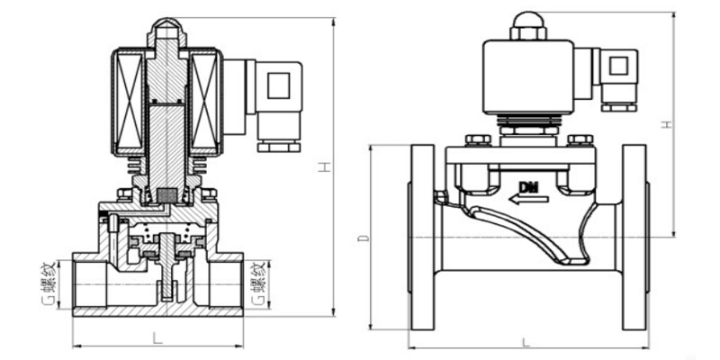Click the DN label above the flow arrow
pyautogui.click(x=529, y=187)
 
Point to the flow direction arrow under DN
pyautogui.click(x=528, y=199)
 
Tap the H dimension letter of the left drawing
pyautogui.click(x=325, y=167)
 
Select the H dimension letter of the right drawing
pyautogui.click(x=667, y=124)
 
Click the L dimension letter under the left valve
pyautogui.click(x=157, y=339)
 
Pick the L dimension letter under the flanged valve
pyautogui.click(x=526, y=342)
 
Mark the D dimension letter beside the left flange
pyautogui.click(x=364, y=238)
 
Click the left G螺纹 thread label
pyautogui.click(x=48, y=283)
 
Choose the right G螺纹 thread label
pyautogui.click(x=259, y=283)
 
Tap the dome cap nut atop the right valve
pyautogui.click(x=528, y=26)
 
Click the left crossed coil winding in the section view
pyautogui.click(x=128, y=101)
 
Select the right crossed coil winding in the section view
pyautogui.click(x=204, y=101)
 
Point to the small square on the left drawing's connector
pyautogui.click(x=279, y=85)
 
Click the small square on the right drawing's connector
pyautogui.click(x=618, y=66)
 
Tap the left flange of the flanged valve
pyautogui.click(x=422, y=238)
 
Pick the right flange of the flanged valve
pyautogui.click(x=634, y=238)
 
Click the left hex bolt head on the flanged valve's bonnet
pyautogui.click(x=478, y=139)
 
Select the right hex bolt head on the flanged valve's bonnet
pyautogui.click(x=580, y=139)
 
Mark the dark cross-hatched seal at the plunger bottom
pyautogui.click(x=166, y=194)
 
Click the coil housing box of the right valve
pyautogui.click(x=528, y=76)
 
